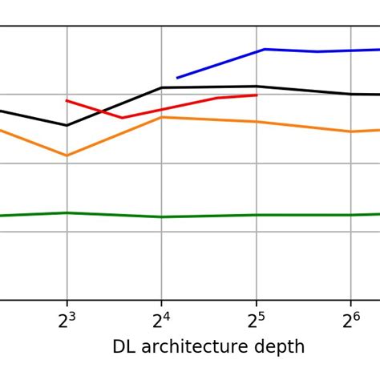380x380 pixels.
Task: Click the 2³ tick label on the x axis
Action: [x=67, y=321]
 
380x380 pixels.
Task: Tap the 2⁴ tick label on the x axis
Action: [x=161, y=321]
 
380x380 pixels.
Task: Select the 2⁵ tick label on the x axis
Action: [x=256, y=321]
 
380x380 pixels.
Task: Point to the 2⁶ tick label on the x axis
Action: [x=350, y=321]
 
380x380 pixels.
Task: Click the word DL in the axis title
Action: [x=123, y=347]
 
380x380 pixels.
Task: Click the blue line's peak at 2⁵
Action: [x=265, y=50]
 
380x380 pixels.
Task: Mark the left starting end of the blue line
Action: [x=177, y=78]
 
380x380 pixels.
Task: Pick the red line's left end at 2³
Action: [x=67, y=100]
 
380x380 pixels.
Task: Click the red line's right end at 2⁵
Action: [x=257, y=95]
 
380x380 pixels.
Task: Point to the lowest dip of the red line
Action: [x=123, y=118]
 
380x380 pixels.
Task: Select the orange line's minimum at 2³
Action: [x=67, y=156]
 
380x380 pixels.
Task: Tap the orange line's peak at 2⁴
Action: [x=162, y=117]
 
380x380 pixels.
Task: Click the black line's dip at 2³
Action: [x=67, y=125]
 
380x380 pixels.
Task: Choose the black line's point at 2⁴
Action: [x=162, y=87]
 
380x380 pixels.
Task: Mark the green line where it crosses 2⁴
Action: [x=162, y=216]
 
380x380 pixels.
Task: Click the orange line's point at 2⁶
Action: [x=350, y=131]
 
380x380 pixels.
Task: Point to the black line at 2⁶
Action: [x=350, y=94]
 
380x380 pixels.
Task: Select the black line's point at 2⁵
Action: [x=256, y=86]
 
